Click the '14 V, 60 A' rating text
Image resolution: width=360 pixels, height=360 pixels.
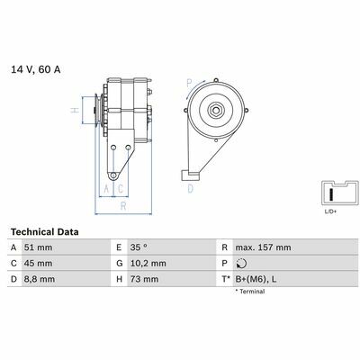click(36, 69)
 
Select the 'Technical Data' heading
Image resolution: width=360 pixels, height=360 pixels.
click(45, 232)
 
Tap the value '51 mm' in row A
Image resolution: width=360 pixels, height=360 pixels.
click(38, 247)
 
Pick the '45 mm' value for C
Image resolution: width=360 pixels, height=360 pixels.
click(38, 264)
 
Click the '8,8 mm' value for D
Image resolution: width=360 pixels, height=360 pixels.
click(40, 279)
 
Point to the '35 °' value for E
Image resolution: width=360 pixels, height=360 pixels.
click(139, 247)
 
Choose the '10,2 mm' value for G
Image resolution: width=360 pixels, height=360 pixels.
click(148, 264)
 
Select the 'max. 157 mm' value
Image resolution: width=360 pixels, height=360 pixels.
click(263, 247)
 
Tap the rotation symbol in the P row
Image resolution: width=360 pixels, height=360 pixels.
click(241, 264)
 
